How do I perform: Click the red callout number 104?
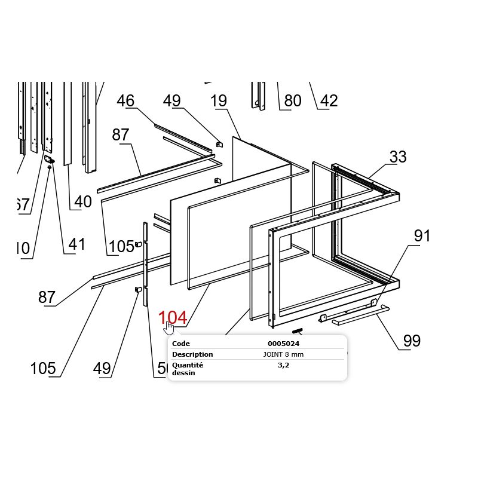pyautogui.click(x=172, y=318)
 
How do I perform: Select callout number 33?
pyautogui.click(x=398, y=157)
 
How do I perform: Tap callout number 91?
pyautogui.click(x=422, y=236)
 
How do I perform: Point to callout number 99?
pyautogui.click(x=412, y=341)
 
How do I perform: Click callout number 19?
pyautogui.click(x=219, y=101)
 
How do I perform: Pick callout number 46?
pyautogui.click(x=125, y=101)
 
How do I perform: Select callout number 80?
pyautogui.click(x=292, y=101)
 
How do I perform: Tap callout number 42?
pyautogui.click(x=329, y=101)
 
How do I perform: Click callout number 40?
pyautogui.click(x=82, y=202)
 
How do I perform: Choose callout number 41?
pyautogui.click(x=76, y=244)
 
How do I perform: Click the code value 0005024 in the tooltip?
pyautogui.click(x=283, y=344)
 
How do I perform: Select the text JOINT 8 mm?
pyautogui.click(x=283, y=354)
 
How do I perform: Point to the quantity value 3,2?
pyautogui.click(x=283, y=365)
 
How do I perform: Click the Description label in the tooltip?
pyautogui.click(x=192, y=354)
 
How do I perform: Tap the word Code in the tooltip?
pyautogui.click(x=181, y=344)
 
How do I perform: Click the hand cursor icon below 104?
pyautogui.click(x=169, y=328)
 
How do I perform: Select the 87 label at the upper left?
pyautogui.click(x=120, y=135)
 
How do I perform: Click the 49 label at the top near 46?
pyautogui.click(x=171, y=101)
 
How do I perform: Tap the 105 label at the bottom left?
pyautogui.click(x=43, y=369)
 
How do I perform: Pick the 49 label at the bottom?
pyautogui.click(x=102, y=369)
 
